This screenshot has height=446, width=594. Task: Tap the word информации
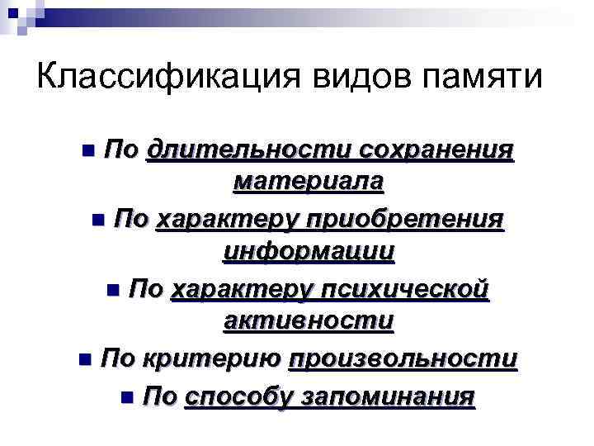[309, 250]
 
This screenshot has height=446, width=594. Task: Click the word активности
[309, 320]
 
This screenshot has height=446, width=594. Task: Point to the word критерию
[214, 359]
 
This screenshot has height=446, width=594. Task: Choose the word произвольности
[403, 359]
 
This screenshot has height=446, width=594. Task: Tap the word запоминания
[388, 397]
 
